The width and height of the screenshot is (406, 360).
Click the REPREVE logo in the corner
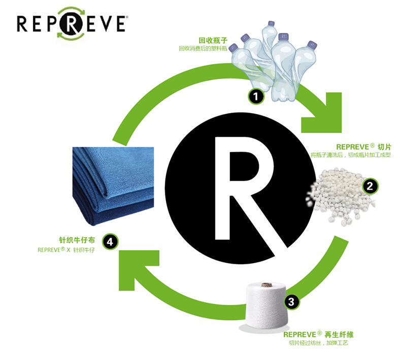pos(71,23)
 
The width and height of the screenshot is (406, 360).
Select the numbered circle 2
pos(370,186)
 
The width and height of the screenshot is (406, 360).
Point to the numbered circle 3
pos(290,303)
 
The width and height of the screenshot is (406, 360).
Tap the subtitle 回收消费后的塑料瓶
pos(202,49)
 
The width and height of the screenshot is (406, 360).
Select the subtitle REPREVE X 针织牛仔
pos(66,249)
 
